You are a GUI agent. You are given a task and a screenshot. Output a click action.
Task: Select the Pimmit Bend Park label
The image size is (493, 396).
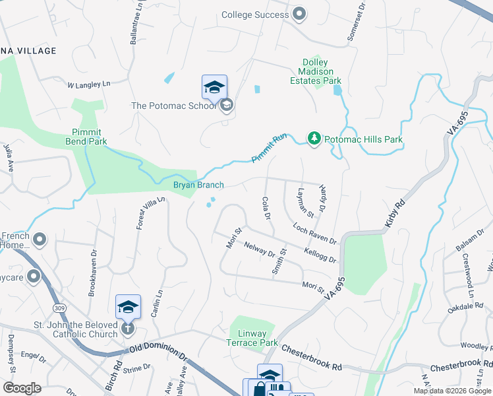pos(86,137)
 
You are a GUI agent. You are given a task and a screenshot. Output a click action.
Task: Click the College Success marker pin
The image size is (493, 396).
pos(299,14)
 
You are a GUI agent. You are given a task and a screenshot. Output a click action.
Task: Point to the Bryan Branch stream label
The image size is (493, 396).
pos(198,185)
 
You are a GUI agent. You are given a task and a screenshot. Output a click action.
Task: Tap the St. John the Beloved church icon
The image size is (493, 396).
pos(127,327)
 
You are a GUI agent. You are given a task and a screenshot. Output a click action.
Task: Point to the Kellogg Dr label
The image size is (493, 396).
pos(320,255)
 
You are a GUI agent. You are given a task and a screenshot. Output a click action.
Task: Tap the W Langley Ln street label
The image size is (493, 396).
pos(88,84)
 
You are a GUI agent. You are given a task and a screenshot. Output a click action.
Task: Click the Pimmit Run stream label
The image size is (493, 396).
pos(269,148)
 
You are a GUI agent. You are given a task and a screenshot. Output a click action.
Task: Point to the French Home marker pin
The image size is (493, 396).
pos(40,239)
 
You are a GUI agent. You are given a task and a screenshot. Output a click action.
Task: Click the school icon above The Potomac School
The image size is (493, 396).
pos(214,87)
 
